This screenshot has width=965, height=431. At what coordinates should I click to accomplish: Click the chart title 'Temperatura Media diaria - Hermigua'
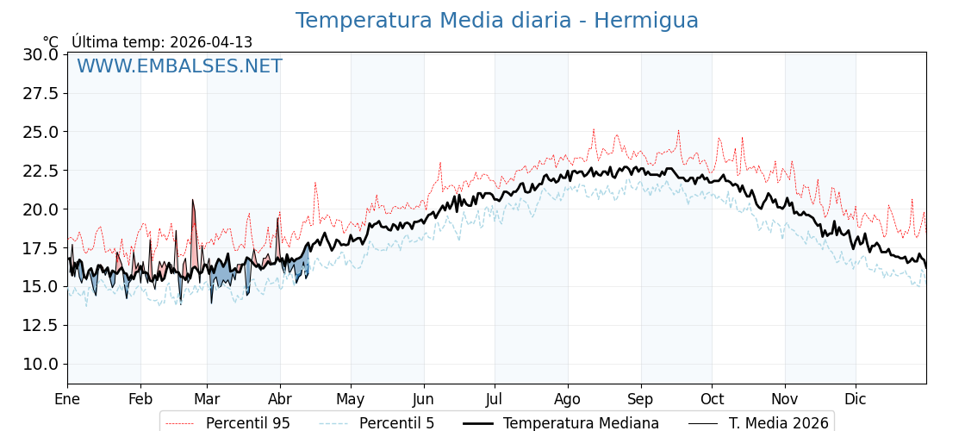[496, 21]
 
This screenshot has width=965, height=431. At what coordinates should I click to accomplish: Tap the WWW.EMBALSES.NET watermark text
[179, 66]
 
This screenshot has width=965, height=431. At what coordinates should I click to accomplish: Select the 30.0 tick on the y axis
[40, 54]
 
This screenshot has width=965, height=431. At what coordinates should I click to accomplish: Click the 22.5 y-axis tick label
[40, 171]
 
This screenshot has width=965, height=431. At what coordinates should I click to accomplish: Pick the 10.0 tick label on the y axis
[40, 364]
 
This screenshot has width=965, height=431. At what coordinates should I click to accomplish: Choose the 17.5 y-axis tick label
[40, 248]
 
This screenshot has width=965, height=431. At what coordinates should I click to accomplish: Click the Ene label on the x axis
[67, 399]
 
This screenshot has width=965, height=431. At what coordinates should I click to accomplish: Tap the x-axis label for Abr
[280, 399]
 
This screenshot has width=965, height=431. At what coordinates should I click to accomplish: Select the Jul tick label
[495, 399]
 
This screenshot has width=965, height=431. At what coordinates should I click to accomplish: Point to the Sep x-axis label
[640, 399]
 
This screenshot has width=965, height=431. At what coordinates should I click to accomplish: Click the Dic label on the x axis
[856, 399]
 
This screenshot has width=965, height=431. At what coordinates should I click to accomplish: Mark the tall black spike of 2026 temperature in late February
[193, 202]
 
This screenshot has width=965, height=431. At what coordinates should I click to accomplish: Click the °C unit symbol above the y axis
[50, 42]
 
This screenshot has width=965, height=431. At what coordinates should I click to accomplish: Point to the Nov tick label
[785, 399]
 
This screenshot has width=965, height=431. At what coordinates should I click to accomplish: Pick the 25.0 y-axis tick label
[40, 132]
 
